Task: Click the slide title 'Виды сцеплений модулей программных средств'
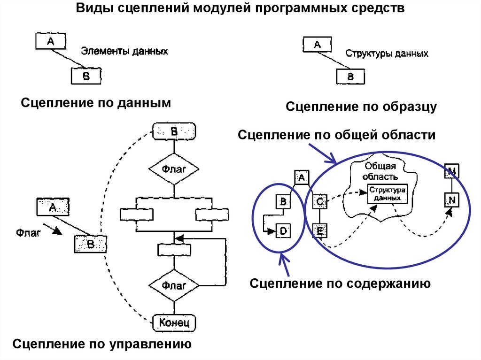pyautogui.click(x=240, y=10)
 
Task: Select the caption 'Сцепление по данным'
pyautogui.click(x=94, y=103)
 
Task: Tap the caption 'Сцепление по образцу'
pyautogui.click(x=361, y=107)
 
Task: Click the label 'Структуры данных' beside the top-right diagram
pyautogui.click(x=387, y=54)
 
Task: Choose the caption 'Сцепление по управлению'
pyautogui.click(x=102, y=344)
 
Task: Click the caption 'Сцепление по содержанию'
pyautogui.click(x=340, y=283)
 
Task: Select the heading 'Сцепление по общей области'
pyautogui.click(x=337, y=135)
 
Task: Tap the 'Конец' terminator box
pyautogui.click(x=174, y=322)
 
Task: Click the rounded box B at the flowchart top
pyautogui.click(x=174, y=132)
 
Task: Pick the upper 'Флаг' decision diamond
pyautogui.click(x=174, y=169)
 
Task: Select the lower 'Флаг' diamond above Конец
pyautogui.click(x=174, y=285)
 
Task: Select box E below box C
pyautogui.click(x=319, y=230)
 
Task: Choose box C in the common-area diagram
pyautogui.click(x=319, y=202)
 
